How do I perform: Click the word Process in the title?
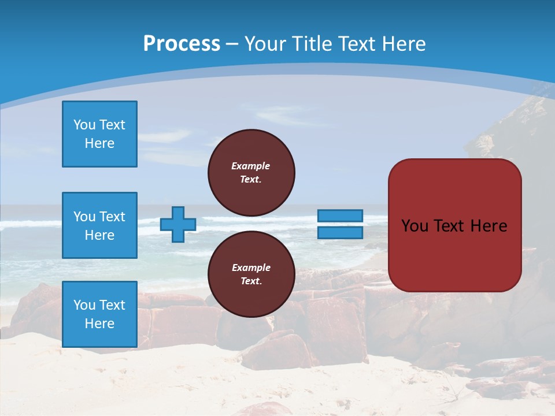[x=182, y=44]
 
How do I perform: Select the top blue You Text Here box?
[x=99, y=134]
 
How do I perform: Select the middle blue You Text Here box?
[x=99, y=225]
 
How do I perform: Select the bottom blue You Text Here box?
[x=99, y=314]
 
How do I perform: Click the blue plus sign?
[x=177, y=225]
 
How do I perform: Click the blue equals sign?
[x=341, y=224]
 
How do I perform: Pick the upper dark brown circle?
[x=251, y=173]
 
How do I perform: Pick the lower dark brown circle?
[x=251, y=274]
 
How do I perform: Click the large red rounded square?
[x=454, y=225]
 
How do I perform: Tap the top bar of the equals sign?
[x=341, y=216]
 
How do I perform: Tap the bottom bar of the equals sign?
[x=341, y=232]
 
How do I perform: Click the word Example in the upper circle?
[x=251, y=166]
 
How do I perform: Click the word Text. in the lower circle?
[x=251, y=281]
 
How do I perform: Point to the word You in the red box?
[x=415, y=226]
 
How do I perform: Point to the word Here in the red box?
[x=489, y=226]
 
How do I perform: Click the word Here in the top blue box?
[x=99, y=143]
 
